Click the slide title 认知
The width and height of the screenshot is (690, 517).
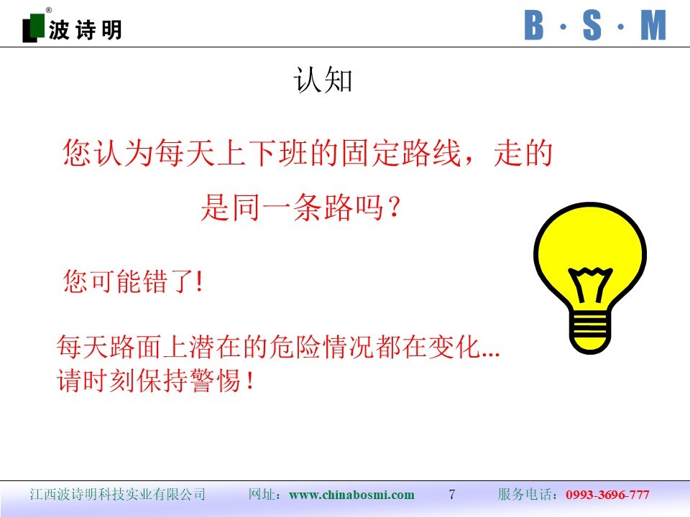(x=323, y=80)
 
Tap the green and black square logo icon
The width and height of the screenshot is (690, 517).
(x=34, y=28)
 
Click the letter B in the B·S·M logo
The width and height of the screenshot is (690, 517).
(x=534, y=26)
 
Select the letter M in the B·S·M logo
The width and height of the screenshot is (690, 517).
(x=653, y=26)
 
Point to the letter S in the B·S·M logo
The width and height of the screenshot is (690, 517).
(x=592, y=26)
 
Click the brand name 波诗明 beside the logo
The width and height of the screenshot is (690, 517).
(x=85, y=30)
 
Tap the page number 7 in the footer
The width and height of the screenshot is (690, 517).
(x=452, y=494)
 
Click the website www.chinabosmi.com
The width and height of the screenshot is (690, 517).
(x=351, y=495)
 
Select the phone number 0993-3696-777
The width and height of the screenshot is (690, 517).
(x=607, y=495)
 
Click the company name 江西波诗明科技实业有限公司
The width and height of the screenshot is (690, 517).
(x=117, y=494)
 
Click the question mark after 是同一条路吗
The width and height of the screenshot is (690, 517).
(x=395, y=207)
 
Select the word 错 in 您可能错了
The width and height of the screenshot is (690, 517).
(x=156, y=281)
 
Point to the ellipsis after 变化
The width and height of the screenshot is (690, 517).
(x=491, y=354)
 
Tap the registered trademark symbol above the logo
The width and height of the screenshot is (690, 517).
(x=48, y=10)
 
